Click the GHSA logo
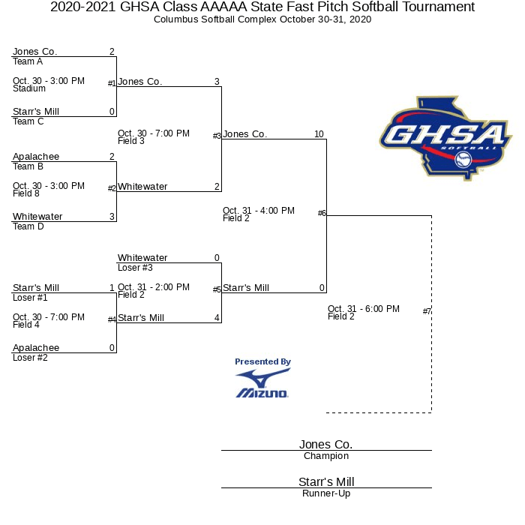click(445, 139)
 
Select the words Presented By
click(262, 361)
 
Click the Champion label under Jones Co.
click(325, 456)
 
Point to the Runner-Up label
click(325, 493)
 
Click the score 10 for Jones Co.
click(319, 134)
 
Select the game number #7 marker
click(427, 311)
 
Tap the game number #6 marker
click(322, 213)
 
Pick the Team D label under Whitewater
click(28, 226)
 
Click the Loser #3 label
click(135, 268)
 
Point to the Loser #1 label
click(30, 298)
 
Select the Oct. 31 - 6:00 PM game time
click(364, 309)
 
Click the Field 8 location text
click(26, 193)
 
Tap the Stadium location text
click(29, 88)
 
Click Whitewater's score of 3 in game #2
click(112, 217)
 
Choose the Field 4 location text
click(26, 325)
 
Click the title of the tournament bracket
click(262, 7)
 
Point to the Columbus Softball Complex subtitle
click(262, 19)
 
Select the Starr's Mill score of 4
click(217, 318)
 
